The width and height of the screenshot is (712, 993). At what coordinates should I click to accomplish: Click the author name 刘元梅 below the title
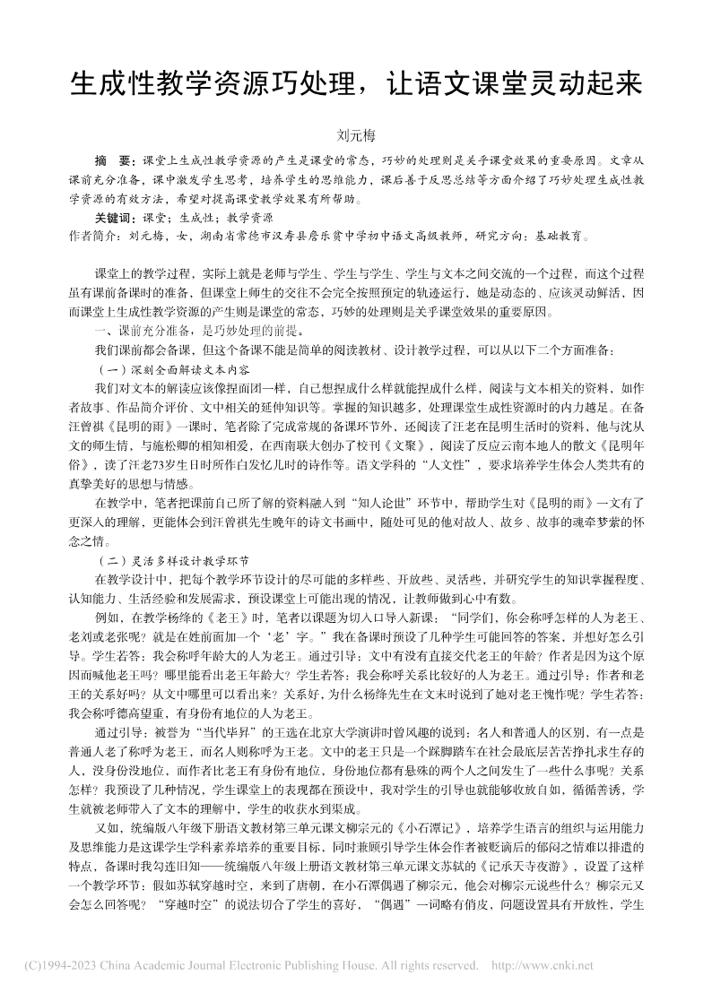click(355, 137)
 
